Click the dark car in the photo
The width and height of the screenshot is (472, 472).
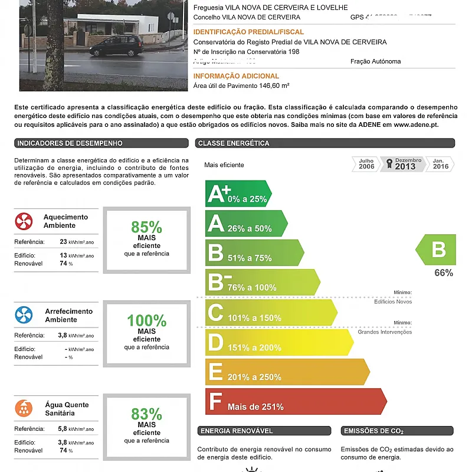[119, 45]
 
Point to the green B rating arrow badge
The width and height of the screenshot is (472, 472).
[437, 250]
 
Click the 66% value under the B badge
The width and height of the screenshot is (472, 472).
[444, 273]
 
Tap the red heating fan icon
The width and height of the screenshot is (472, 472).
[24, 221]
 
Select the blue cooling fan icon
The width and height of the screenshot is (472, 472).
[24, 315]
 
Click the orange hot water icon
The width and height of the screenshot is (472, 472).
[24, 408]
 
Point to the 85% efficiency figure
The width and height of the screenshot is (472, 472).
[146, 227]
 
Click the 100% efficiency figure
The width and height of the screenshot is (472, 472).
[146, 320]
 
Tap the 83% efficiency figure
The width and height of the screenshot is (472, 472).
[146, 414]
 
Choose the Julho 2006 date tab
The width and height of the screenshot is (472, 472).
[366, 164]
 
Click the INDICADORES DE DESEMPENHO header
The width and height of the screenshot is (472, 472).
[70, 143]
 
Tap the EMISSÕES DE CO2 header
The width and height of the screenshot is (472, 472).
[373, 431]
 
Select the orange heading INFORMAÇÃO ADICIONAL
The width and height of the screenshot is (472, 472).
[236, 76]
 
